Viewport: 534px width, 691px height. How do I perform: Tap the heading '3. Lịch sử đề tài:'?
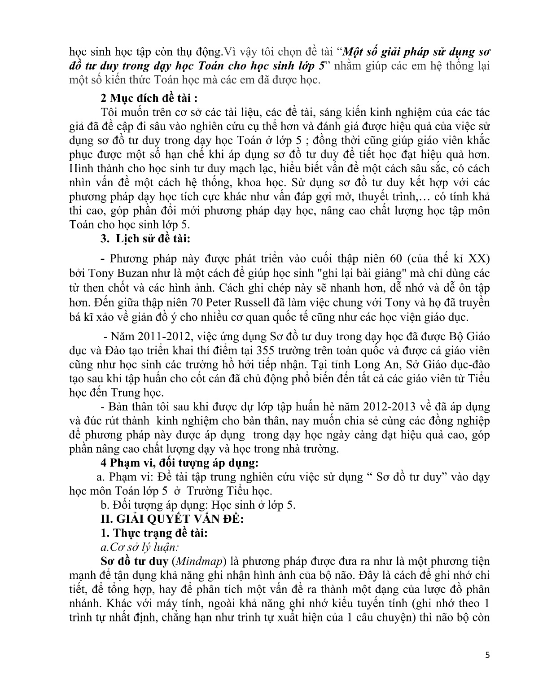(145, 239)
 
